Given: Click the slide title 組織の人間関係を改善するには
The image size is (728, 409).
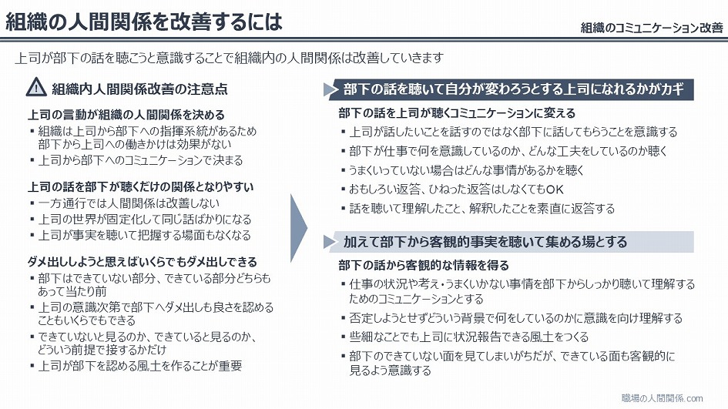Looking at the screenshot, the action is click(143, 22).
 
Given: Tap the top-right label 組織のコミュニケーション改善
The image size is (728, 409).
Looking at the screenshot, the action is click(652, 28).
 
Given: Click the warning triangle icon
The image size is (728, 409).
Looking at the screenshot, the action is click(36, 87).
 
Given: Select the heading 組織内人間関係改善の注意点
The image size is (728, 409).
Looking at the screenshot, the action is click(139, 89).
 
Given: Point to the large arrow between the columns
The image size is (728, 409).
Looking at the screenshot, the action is click(298, 228).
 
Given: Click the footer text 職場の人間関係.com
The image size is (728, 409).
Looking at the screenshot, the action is click(662, 398).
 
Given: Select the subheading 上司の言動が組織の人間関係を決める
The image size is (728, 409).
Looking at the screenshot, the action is click(126, 115).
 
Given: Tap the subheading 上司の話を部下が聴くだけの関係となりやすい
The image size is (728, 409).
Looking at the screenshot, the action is click(141, 187).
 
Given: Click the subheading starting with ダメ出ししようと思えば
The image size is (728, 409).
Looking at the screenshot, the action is click(142, 262).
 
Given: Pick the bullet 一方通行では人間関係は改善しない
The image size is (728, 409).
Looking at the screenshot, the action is click(129, 203).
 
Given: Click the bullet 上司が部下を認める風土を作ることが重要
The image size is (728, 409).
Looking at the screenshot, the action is click(139, 366).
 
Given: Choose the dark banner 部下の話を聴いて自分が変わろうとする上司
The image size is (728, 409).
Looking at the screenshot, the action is click(514, 89).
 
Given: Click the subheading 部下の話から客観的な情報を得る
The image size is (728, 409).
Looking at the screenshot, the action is click(424, 266).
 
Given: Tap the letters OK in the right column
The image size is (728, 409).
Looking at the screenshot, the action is click(555, 189).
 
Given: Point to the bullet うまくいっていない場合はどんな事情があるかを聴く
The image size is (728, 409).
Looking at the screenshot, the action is click(465, 170).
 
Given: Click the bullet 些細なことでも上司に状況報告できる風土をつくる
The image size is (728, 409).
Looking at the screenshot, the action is click(468, 337).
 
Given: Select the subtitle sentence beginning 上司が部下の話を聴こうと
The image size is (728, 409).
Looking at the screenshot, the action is click(230, 58).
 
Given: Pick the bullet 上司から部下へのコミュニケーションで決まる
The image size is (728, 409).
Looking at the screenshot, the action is click(140, 161).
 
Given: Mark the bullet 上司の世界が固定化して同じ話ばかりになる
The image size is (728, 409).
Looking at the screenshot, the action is click(144, 219).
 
